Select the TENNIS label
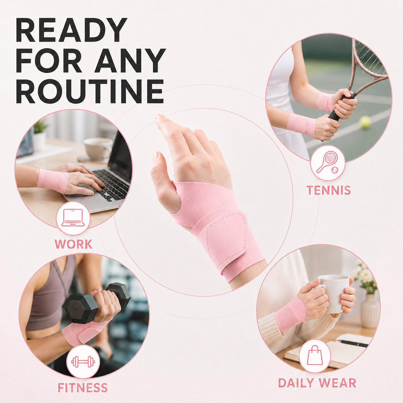328,190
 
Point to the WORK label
73,244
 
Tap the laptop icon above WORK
73,218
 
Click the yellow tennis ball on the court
365,122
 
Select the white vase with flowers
370,310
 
